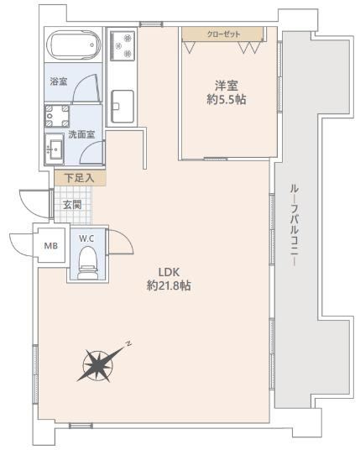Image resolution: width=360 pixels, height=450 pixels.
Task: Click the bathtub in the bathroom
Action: coord(74,45)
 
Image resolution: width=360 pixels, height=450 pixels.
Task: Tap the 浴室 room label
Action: coord(59,81)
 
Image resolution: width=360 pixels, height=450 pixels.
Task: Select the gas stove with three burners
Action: coord(123,45)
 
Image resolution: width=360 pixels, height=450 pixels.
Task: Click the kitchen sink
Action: coord(123,107)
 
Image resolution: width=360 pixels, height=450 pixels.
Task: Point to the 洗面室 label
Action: coord(81,134)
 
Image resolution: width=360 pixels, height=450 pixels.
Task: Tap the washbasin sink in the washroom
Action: coord(55,149)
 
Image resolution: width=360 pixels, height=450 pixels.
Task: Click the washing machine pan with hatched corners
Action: coord(57,116)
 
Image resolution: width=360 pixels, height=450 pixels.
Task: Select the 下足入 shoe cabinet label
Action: coord(79,178)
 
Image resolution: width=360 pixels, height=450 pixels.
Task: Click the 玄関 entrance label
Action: coord(72,205)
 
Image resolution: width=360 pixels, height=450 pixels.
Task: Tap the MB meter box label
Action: coord(51,246)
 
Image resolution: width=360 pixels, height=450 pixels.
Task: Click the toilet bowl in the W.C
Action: coord(88,263)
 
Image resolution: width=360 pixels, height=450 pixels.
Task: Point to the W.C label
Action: coord(86,238)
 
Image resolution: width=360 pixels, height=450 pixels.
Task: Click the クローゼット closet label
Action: coord(223,34)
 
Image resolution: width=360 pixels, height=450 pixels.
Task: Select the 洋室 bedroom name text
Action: coord(227,86)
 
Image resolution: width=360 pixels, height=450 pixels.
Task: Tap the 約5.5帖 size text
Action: coord(227,100)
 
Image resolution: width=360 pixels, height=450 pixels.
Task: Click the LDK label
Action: coord(169,272)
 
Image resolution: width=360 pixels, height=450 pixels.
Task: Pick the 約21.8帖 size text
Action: coord(169,285)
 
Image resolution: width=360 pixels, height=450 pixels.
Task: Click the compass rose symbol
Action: coord(99,364)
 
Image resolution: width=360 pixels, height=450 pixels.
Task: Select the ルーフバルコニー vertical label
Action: coord(295,226)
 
